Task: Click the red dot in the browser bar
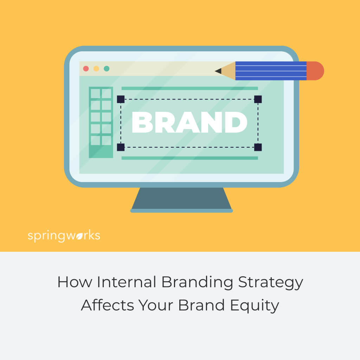click(86, 69)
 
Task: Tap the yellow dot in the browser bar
click(96, 69)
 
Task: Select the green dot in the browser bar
click(107, 69)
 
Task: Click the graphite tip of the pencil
click(218, 71)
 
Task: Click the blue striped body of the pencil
click(271, 71)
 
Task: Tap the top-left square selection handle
click(121, 99)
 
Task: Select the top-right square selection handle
click(258, 99)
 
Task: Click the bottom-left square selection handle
click(121, 147)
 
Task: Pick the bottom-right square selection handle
click(258, 147)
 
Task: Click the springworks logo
click(64, 236)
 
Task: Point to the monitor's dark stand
click(181, 199)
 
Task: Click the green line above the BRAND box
click(189, 88)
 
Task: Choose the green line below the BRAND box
click(189, 158)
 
